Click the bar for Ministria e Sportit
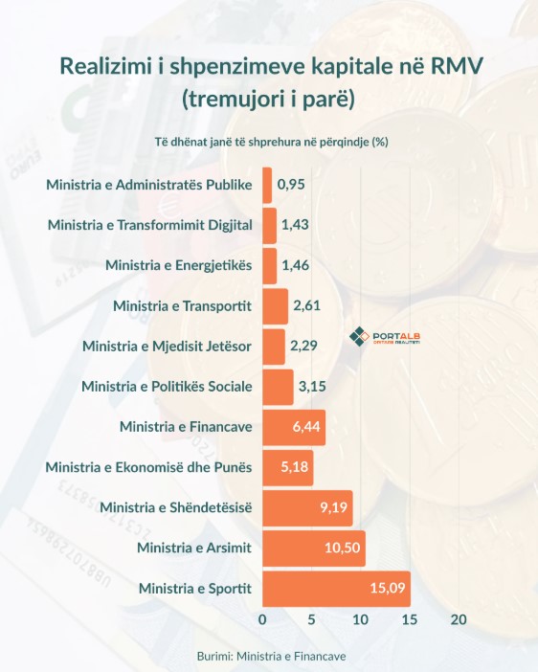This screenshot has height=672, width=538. [x=337, y=589]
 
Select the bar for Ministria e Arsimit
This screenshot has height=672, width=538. [x=314, y=549]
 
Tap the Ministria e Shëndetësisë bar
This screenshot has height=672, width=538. [x=308, y=508]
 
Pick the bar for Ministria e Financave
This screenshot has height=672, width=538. [x=294, y=427]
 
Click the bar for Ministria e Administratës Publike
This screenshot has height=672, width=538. [x=267, y=185]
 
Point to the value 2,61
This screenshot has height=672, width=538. [x=307, y=305]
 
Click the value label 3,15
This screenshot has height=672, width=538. [x=312, y=387]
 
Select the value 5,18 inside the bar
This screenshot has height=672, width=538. [x=295, y=467]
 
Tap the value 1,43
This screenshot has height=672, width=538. [x=295, y=225]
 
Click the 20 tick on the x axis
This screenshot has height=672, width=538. [x=459, y=619]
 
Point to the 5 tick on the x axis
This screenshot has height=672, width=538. [x=312, y=619]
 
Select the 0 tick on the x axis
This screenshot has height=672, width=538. [x=263, y=619]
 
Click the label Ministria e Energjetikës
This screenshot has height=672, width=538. [x=179, y=265]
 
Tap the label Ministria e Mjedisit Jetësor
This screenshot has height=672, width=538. [x=167, y=346]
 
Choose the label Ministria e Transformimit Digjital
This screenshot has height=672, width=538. [x=150, y=225]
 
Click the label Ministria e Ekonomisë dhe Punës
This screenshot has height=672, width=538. [x=148, y=467]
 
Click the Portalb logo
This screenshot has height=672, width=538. [x=385, y=336]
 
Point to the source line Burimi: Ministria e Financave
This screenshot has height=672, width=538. [x=271, y=656]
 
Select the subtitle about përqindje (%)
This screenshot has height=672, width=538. [x=272, y=142]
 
